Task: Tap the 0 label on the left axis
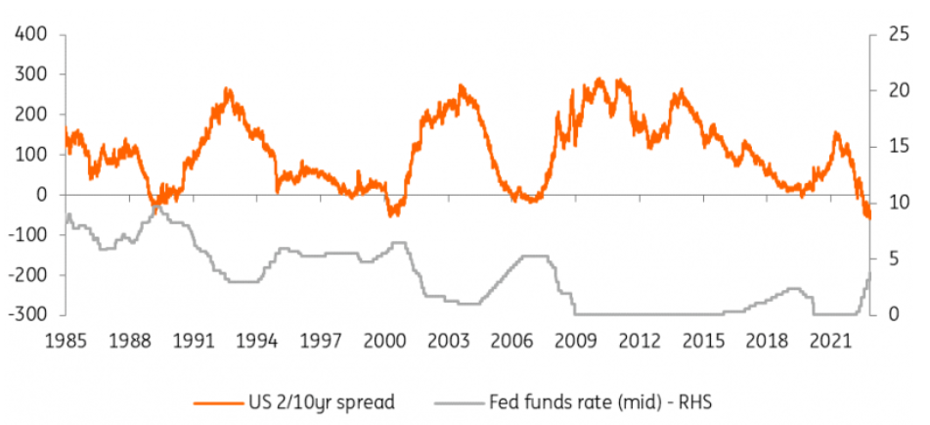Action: coord(42,195)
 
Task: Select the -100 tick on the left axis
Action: coord(26,235)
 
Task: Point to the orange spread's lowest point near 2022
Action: coord(867,217)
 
